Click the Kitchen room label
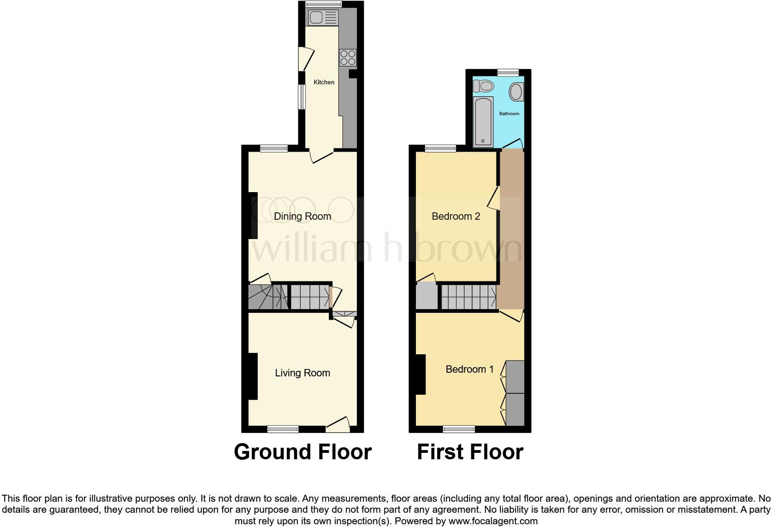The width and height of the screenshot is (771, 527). (324, 82)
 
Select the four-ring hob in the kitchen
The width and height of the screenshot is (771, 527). (348, 58)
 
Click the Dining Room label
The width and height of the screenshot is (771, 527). (302, 216)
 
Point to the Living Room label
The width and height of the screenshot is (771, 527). (302, 373)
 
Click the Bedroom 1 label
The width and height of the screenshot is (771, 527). (469, 369)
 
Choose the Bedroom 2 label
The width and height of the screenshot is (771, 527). (456, 216)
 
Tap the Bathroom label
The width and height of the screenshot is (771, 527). (509, 114)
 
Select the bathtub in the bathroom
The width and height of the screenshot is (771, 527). (483, 121)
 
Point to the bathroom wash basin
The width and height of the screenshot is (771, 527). (516, 92)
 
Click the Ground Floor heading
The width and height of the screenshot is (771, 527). (302, 452)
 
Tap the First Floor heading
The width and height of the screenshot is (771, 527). (470, 452)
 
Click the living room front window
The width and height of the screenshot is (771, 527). (283, 429)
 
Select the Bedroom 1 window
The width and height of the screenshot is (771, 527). (459, 429)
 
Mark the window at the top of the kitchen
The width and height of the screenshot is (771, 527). (323, 4)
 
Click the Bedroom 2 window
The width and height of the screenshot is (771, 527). (440, 148)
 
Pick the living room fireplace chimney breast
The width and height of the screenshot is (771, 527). (253, 376)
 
